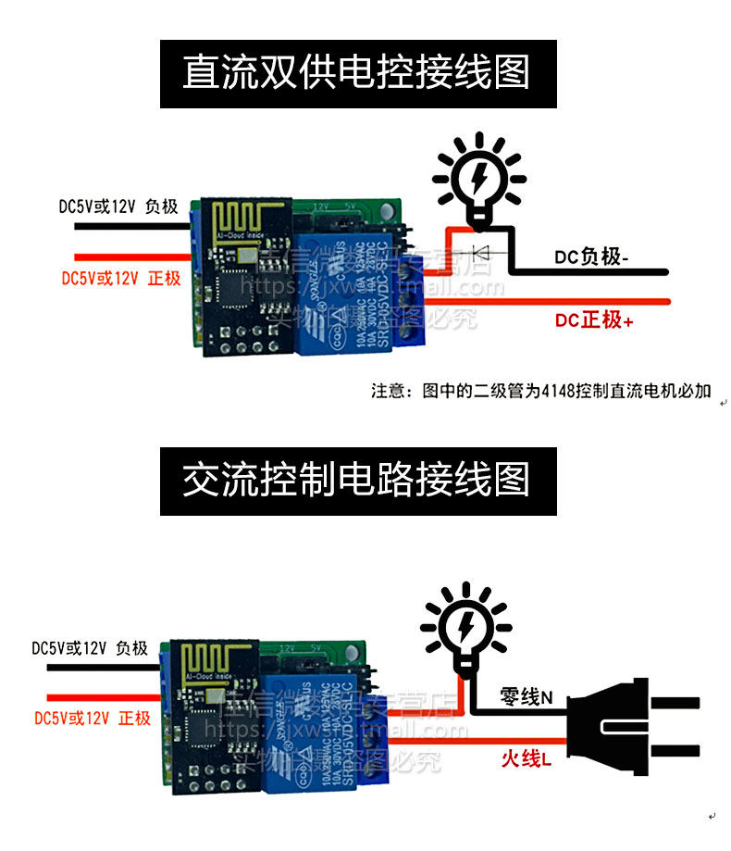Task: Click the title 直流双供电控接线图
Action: click(357, 73)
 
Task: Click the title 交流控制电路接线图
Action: click(357, 481)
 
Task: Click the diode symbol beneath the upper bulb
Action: click(481, 251)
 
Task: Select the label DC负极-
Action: click(590, 257)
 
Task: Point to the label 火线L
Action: click(526, 758)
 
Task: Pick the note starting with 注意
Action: click(541, 391)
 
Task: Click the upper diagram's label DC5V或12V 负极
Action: click(118, 206)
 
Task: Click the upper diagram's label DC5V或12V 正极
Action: click(120, 278)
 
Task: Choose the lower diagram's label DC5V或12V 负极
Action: click(90, 648)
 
